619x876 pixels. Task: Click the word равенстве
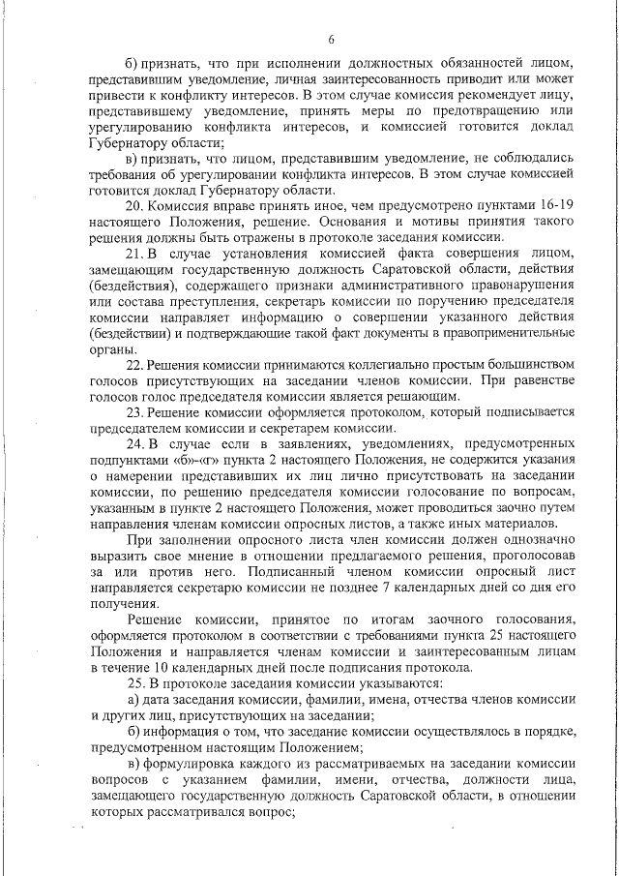[545, 381]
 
